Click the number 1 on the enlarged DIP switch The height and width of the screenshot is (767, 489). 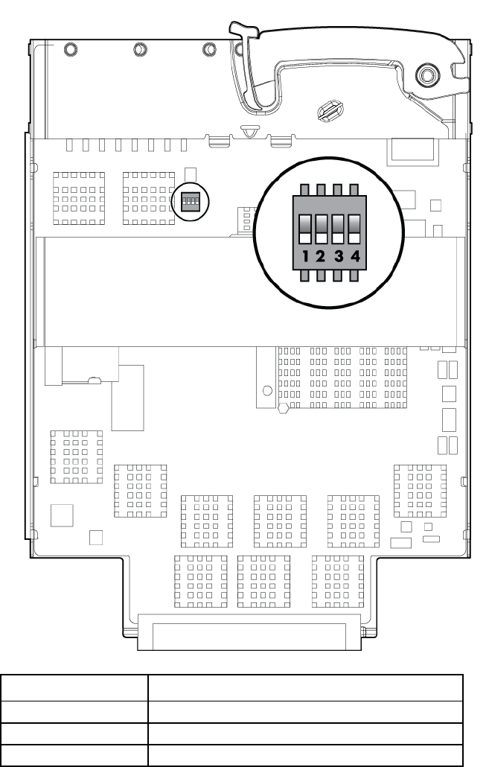pos(306,256)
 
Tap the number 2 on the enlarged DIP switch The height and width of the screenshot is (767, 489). pos(321,256)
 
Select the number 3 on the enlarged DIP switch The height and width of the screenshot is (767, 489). pos(339,256)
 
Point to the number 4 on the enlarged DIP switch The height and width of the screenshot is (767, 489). pos(356,256)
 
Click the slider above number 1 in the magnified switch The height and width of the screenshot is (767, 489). pos(305,229)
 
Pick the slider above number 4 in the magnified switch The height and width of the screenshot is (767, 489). pos(354,229)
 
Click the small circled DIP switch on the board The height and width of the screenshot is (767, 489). pos(191,201)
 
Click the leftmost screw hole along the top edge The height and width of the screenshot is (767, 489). pos(71,49)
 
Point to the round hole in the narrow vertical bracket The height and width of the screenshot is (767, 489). pos(267,391)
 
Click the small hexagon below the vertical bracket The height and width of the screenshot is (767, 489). pos(283,408)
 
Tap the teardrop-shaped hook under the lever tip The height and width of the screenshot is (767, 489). pos(250,130)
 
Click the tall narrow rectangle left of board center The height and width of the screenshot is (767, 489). pos(127,398)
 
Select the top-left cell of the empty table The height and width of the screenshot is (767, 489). pos(74,688)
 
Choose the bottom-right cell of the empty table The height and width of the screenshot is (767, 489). pos(306,755)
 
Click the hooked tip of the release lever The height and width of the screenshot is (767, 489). pos(243,31)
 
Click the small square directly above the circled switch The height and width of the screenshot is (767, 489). pos(191,174)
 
